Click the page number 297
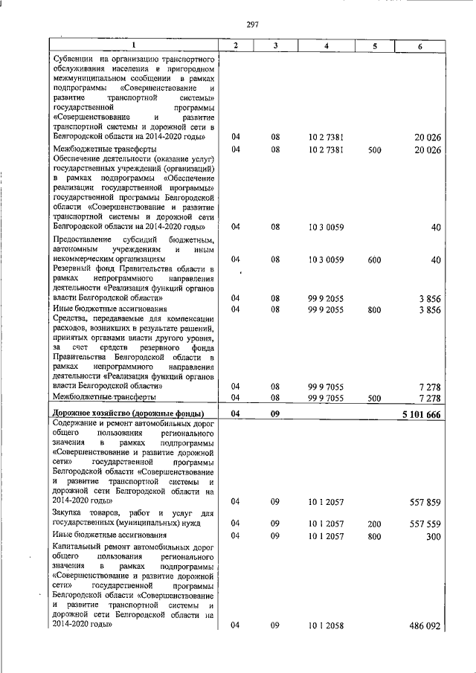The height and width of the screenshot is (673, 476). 252,25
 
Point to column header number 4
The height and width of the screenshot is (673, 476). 326,46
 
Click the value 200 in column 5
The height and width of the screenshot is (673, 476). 374,523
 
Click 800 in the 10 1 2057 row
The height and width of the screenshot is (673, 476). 374,535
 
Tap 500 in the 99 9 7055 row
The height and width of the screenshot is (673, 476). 374,398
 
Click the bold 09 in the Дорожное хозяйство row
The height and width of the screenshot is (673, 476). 274,413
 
